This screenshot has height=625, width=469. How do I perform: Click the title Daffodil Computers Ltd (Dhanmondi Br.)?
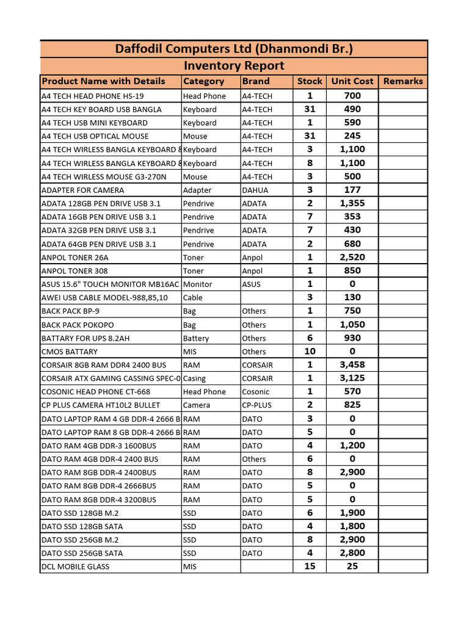[234, 49]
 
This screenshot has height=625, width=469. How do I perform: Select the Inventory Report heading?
[234, 65]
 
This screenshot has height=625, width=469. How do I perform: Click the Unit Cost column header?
[352, 81]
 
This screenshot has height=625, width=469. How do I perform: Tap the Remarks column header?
[403, 81]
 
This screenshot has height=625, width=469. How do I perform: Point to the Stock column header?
[310, 81]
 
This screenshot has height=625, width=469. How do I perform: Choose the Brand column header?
[256, 81]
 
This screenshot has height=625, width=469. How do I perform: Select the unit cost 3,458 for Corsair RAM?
[352, 365]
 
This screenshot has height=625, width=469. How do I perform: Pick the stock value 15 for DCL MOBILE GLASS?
[310, 566]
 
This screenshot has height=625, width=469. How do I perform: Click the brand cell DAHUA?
[255, 190]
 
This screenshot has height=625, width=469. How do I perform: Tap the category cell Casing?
[194, 378]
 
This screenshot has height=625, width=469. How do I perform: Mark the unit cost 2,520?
[352, 258]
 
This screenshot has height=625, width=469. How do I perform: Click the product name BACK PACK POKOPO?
[78, 325]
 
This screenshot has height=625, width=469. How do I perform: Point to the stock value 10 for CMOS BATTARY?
[310, 352]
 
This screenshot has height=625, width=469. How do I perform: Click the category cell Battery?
[195, 338]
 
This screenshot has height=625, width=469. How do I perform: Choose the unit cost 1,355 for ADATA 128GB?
[352, 203]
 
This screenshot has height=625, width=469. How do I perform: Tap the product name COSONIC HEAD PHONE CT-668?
[95, 392]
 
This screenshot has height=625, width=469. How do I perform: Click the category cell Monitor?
[197, 284]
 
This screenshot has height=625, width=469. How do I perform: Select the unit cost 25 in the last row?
[352, 566]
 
